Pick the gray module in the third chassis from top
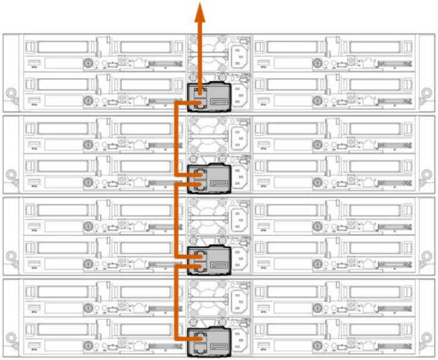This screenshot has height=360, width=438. point(210,259)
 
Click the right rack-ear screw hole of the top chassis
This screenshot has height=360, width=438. point(427,94)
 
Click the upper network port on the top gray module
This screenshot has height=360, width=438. point(200,92)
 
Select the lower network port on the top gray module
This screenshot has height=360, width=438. point(200,102)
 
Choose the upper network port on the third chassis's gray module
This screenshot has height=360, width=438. point(200,256)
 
